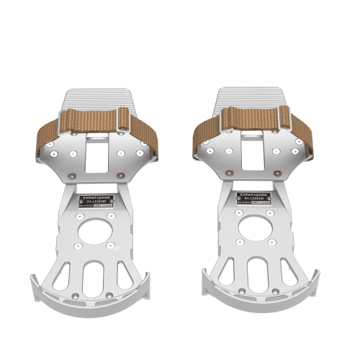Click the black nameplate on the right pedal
point(256,198)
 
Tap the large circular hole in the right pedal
point(257,232)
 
